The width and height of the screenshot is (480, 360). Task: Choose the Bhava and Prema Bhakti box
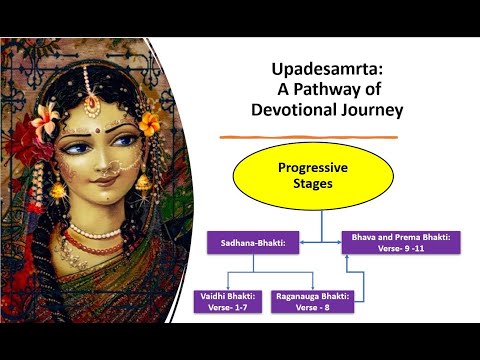click(x=401, y=243)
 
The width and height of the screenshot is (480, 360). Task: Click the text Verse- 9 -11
click(x=400, y=249)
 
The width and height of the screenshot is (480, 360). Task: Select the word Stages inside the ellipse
click(x=312, y=185)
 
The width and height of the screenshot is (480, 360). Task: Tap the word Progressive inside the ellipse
click(x=312, y=168)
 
